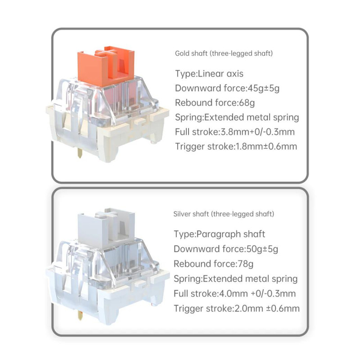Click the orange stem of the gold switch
tap(106, 66)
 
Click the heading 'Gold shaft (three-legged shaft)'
tap(224, 54)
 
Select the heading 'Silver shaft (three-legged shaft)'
tap(224, 214)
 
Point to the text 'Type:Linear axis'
tap(209, 74)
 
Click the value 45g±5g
tap(264, 88)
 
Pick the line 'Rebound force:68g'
tap(215, 103)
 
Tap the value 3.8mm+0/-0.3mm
tap(257, 132)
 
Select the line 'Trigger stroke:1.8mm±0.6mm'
tap(236, 147)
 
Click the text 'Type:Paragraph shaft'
tap(219, 234)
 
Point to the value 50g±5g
tap(262, 249)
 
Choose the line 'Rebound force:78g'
tap(213, 264)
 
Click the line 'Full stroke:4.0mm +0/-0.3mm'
tap(234, 293)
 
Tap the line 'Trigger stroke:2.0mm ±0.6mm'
tap(237, 308)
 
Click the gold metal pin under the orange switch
tap(80, 153)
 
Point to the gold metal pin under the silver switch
tap(80, 315)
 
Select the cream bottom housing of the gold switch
tap(108, 133)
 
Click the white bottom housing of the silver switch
tap(108, 296)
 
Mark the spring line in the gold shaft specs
tap(237, 117)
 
